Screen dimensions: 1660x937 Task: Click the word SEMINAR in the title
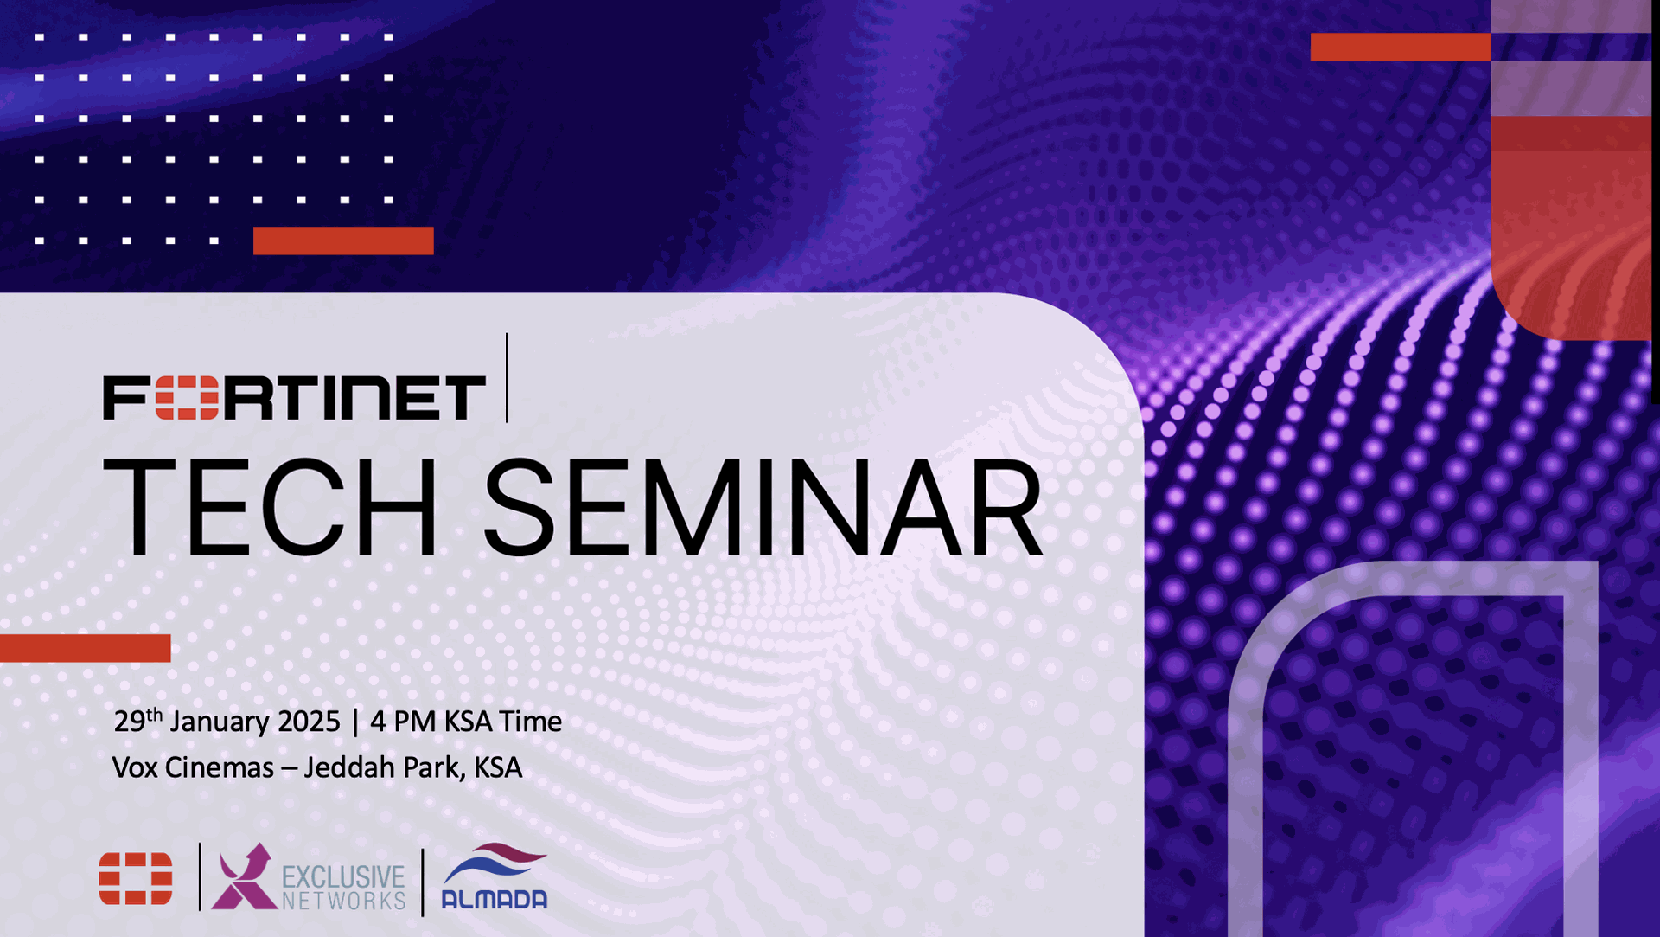[x=763, y=507]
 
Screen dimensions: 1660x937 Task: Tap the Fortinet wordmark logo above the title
[x=295, y=397]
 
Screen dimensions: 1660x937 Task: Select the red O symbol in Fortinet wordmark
[x=187, y=397]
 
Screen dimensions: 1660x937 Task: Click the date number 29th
[x=138, y=720]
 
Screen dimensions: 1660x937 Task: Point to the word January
[x=219, y=722]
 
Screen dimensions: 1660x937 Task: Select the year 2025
[x=309, y=722]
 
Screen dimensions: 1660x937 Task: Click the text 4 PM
[x=403, y=722]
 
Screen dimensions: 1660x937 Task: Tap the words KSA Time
[x=503, y=722]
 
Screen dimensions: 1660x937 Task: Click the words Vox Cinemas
[x=193, y=767]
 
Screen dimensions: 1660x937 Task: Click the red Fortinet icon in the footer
[x=136, y=878]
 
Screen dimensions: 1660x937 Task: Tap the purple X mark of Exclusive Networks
[x=244, y=876]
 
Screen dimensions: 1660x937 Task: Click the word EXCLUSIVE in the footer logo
[x=343, y=877]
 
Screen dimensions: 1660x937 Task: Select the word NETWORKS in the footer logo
[x=343, y=902]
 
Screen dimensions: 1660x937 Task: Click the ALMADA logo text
[x=495, y=900]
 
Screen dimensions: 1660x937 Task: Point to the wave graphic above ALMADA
[x=495, y=863]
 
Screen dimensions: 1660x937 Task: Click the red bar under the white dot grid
[x=343, y=241]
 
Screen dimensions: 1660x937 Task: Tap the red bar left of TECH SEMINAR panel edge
[x=85, y=648]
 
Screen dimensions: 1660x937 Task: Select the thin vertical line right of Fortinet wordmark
[x=507, y=378]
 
